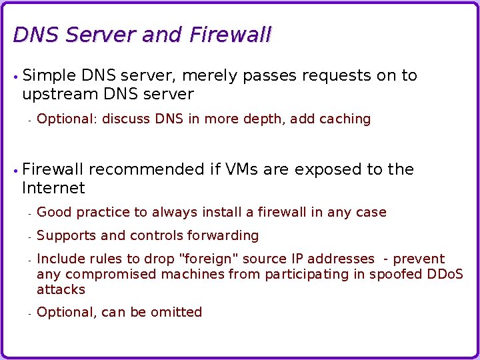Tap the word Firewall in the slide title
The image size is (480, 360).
(230, 35)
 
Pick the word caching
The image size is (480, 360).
(345, 119)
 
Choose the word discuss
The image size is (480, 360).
(127, 119)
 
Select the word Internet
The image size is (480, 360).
(53, 189)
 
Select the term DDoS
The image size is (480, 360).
(445, 275)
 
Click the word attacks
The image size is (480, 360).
(61, 290)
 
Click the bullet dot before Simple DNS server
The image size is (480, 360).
(15, 77)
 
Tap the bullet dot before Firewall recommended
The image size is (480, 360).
(15, 171)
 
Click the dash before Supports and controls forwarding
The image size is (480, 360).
(30, 237)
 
